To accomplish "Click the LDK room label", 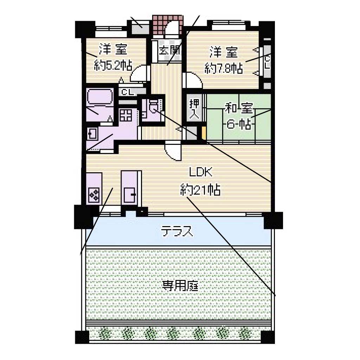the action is coord(200,172).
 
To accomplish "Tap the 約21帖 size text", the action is coord(200,189).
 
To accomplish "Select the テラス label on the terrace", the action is coord(176,231).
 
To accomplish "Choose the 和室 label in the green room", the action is coord(239,108).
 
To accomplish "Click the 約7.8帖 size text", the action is coord(224,68).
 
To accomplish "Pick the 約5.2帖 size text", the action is coord(113,65).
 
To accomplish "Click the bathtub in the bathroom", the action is coord(100,97).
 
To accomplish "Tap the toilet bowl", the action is coord(154,107).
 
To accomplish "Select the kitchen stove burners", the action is coord(94,195).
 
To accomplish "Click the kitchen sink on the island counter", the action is coord(130,195).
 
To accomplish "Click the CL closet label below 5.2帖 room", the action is coord(128,92).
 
